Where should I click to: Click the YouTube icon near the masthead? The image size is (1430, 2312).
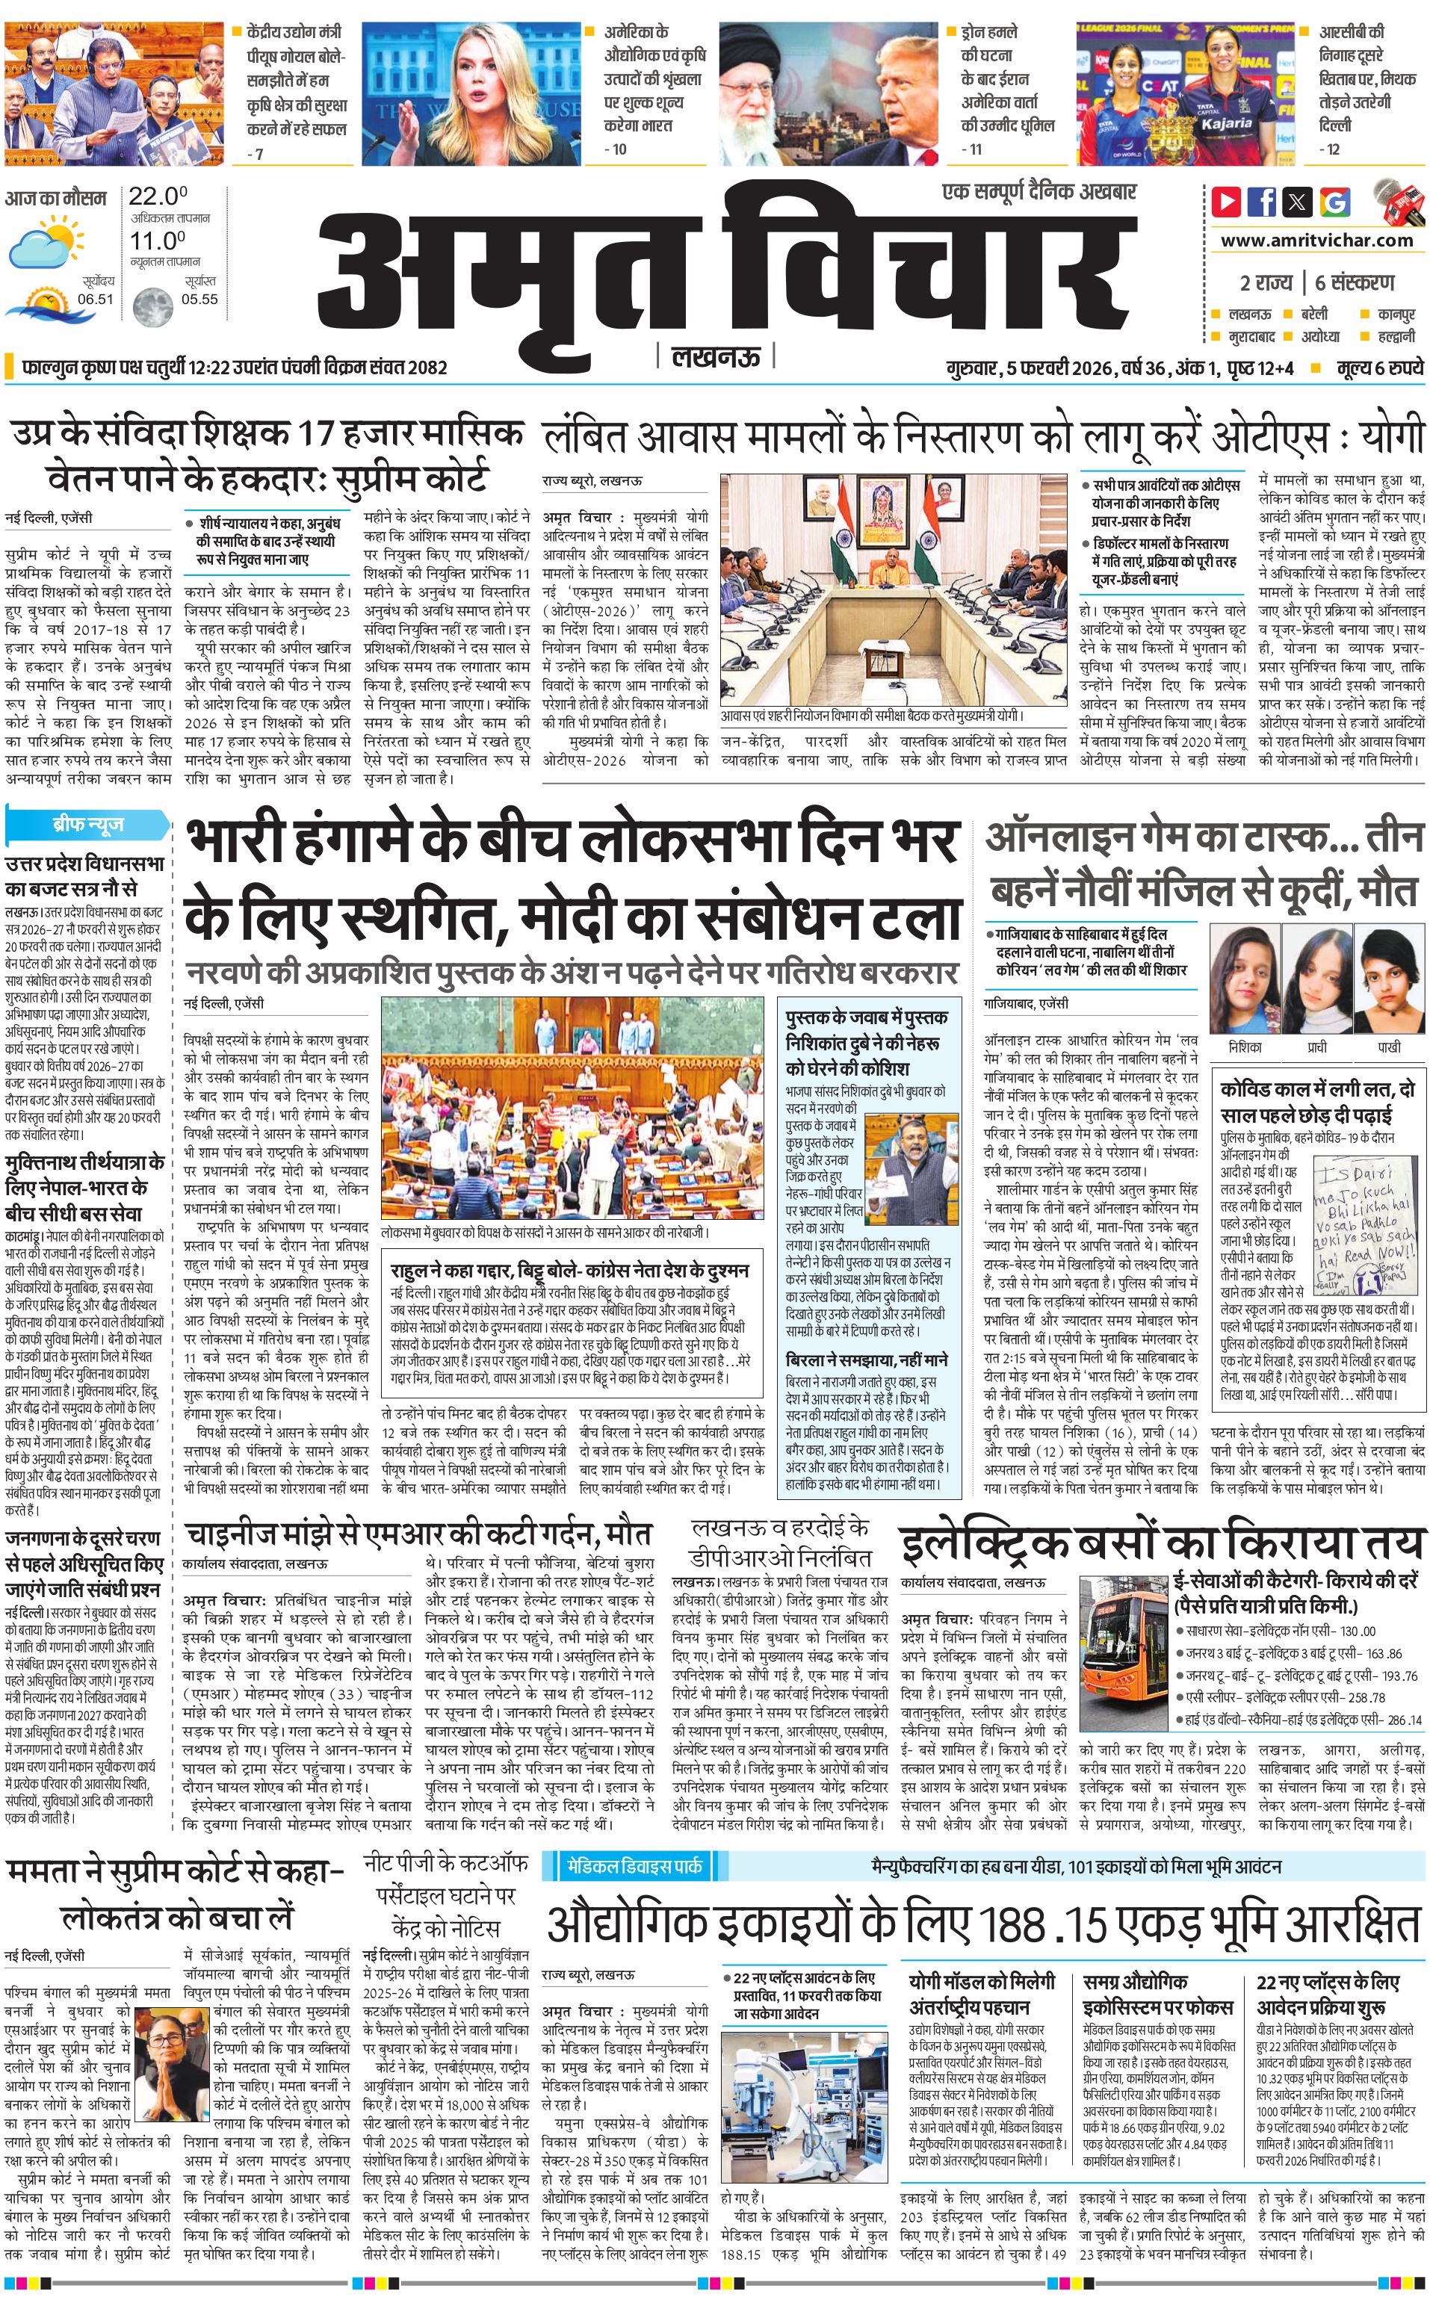pyautogui.click(x=1226, y=202)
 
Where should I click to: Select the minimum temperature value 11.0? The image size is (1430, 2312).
pyautogui.click(x=157, y=241)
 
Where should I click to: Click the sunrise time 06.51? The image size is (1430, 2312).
pyautogui.click(x=96, y=299)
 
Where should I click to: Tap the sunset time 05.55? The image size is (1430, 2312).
pyautogui.click(x=199, y=299)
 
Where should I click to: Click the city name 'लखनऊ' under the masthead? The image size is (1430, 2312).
pyautogui.click(x=715, y=356)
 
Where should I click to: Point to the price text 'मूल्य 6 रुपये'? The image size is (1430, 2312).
pyautogui.click(x=1380, y=368)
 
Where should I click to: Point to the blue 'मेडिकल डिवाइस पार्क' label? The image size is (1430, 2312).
pyautogui.click(x=634, y=1867)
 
